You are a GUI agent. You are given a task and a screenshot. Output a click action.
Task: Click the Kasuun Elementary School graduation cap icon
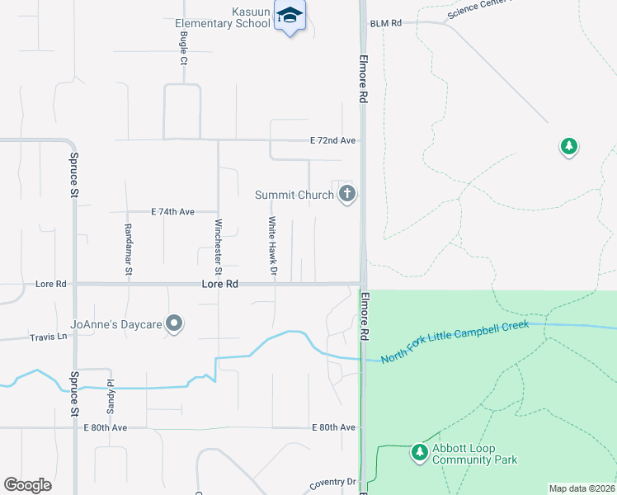[x=290, y=15]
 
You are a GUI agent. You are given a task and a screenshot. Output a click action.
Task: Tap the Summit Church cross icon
[x=347, y=195]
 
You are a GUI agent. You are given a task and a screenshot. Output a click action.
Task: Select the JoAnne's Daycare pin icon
[x=174, y=324]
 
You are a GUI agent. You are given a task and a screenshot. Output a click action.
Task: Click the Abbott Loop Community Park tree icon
[x=420, y=451]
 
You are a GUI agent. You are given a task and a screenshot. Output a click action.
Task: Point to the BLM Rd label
[x=385, y=24]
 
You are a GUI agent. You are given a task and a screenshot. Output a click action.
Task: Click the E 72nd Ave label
[x=332, y=141]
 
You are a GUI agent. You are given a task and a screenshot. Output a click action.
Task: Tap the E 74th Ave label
[x=172, y=212]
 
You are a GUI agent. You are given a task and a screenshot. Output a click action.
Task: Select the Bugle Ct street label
[x=184, y=51]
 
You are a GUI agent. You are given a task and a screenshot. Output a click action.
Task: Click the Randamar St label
[x=128, y=247]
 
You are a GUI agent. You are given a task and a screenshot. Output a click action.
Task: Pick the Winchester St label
[x=218, y=247]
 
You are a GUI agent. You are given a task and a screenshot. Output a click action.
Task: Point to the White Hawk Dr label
[x=271, y=246]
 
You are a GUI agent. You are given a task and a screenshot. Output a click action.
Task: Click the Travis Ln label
[x=49, y=337]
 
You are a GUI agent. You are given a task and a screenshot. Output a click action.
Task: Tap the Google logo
[x=27, y=485]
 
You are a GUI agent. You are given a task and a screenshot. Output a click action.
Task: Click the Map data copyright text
[x=582, y=488]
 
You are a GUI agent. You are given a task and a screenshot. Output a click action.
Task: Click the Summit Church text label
[x=294, y=196]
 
